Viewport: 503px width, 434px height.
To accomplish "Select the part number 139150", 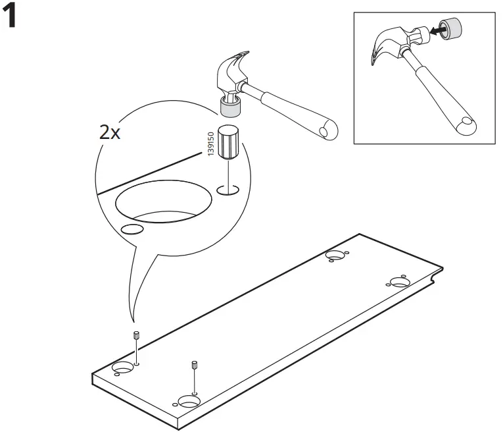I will pos(210,144).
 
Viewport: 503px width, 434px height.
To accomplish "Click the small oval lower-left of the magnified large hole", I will pos(132,229).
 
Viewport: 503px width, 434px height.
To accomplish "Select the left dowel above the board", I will pos(135,334).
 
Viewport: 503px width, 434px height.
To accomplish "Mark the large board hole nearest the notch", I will pos(399,282).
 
